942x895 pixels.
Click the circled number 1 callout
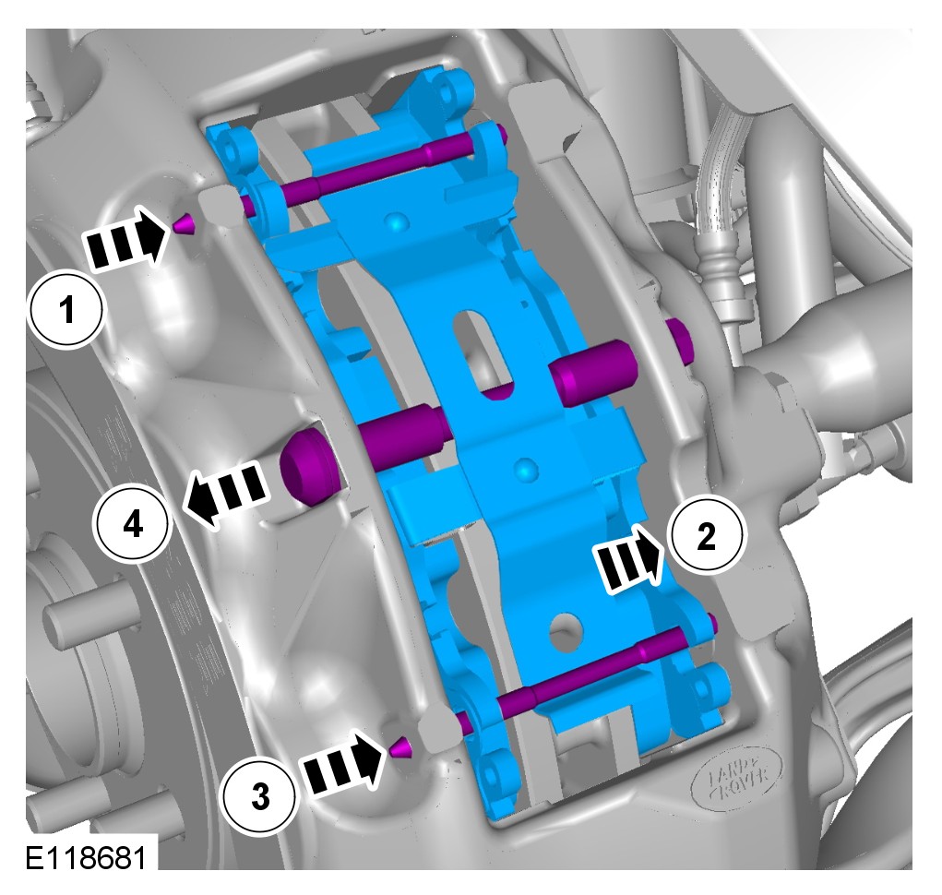[x=67, y=311]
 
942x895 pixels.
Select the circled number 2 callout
[x=706, y=535]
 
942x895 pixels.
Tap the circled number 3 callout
[x=259, y=797]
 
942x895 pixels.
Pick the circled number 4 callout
[x=133, y=526]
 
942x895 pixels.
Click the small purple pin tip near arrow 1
[x=184, y=224]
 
